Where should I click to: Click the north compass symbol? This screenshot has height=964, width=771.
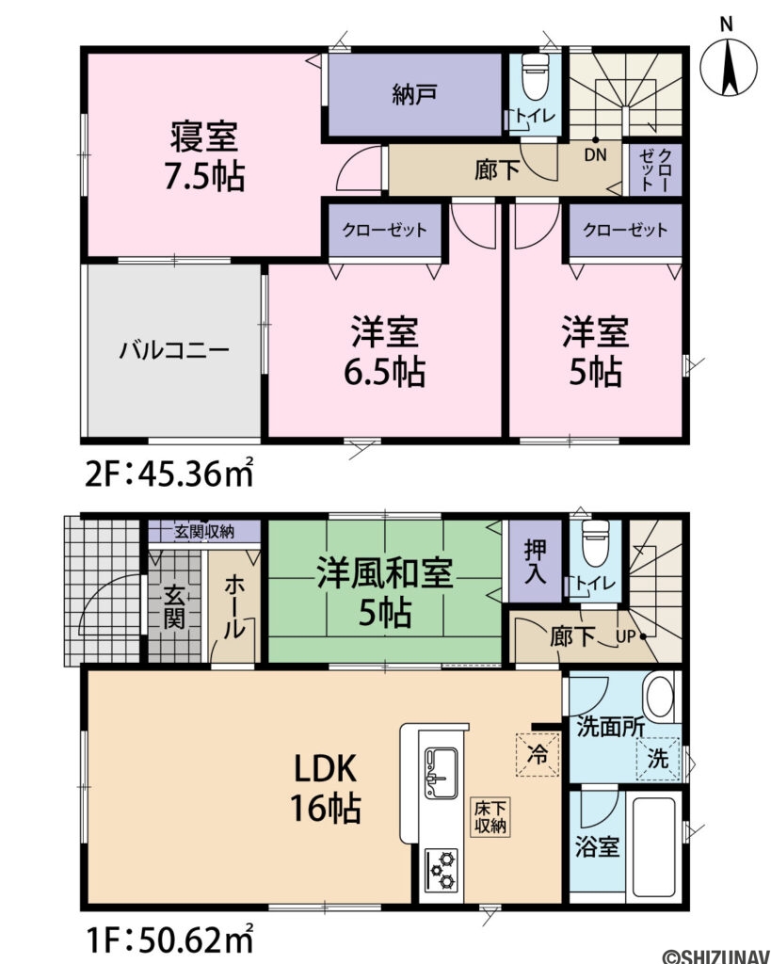coord(731,65)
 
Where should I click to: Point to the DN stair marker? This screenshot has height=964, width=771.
coord(594,153)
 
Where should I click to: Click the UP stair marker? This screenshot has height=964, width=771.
coord(626,637)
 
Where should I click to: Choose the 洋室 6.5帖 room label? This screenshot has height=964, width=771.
coord(386,353)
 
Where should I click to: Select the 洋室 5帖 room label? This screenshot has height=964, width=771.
coord(596,353)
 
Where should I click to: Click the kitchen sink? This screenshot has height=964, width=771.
coord(441,771)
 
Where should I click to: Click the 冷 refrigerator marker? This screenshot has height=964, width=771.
coord(537,754)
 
